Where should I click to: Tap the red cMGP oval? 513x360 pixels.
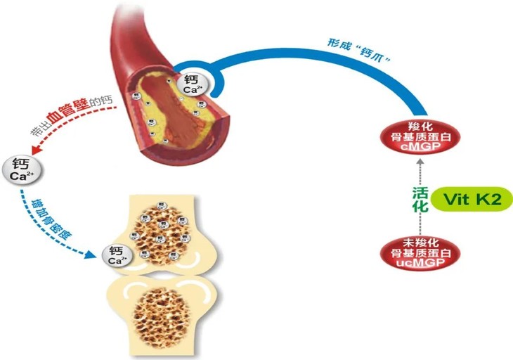[418, 134]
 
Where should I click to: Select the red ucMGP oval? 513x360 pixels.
[419, 252]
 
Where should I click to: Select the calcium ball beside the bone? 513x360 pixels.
[116, 255]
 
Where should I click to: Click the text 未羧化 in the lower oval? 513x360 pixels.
[419, 243]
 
